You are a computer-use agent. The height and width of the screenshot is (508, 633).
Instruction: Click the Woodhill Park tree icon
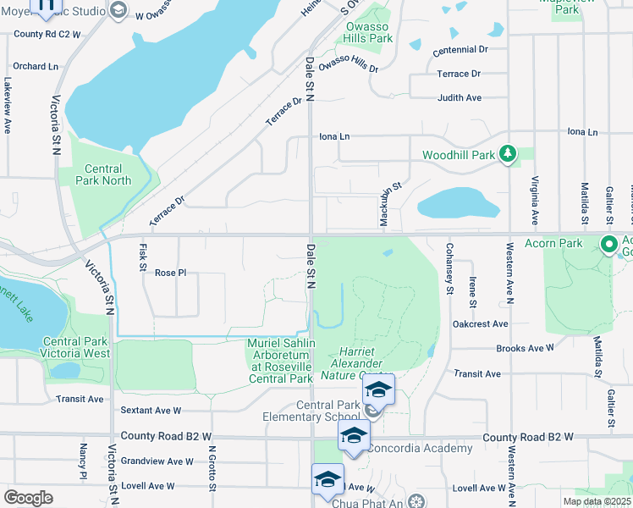tap(507, 154)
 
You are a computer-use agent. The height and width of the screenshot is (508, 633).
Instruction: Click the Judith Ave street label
tap(460, 98)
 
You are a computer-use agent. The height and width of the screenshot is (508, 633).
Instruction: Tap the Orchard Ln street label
tap(36, 66)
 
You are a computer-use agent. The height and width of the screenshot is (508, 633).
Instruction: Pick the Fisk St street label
tap(141, 257)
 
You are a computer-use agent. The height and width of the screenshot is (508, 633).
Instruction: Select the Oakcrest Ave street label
tap(480, 323)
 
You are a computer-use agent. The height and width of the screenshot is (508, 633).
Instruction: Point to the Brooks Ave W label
tap(525, 348)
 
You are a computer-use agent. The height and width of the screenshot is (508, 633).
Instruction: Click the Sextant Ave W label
tap(151, 411)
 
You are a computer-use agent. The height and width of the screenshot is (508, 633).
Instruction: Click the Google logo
tap(28, 498)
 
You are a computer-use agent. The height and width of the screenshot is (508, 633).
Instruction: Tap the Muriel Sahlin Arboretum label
tap(281, 361)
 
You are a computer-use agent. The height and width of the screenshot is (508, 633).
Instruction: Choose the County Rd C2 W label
tap(47, 35)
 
